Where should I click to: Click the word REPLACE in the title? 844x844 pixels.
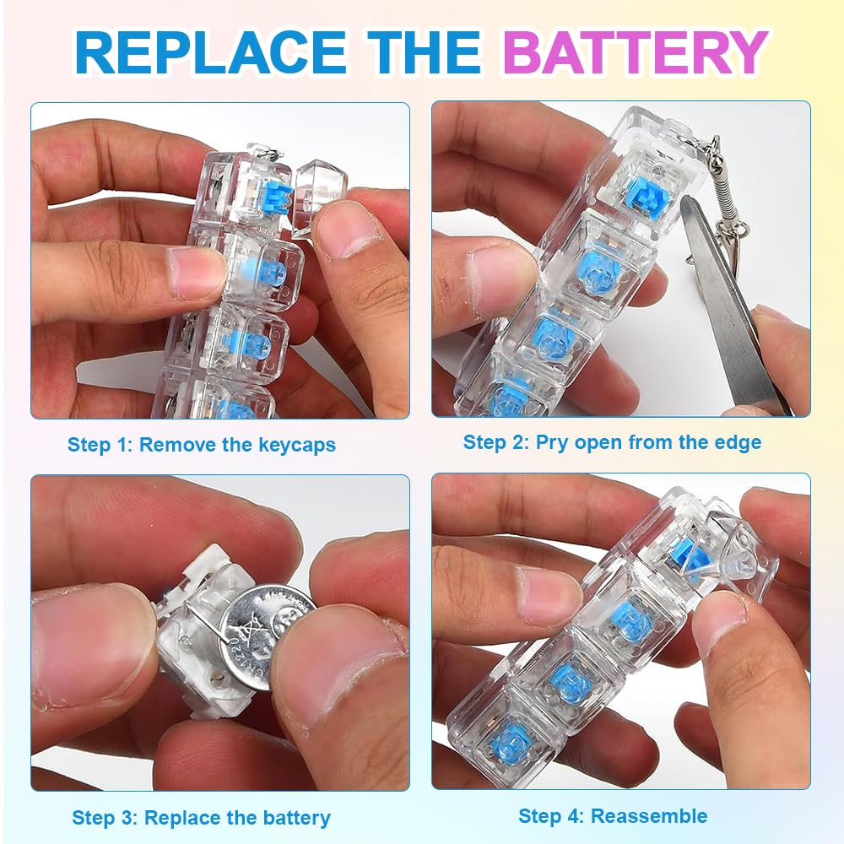pyautogui.click(x=210, y=51)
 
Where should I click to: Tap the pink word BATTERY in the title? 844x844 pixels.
pyautogui.click(x=636, y=51)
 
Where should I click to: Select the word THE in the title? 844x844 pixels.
pyautogui.click(x=424, y=51)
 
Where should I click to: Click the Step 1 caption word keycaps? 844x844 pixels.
pyautogui.click(x=297, y=445)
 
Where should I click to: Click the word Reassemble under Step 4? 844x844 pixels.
pyautogui.click(x=649, y=816)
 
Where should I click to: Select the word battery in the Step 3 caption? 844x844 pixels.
pyautogui.click(x=293, y=818)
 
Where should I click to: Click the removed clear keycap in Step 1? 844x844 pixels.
pyautogui.click(x=320, y=198)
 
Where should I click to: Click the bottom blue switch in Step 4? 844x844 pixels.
pyautogui.click(x=511, y=740)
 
